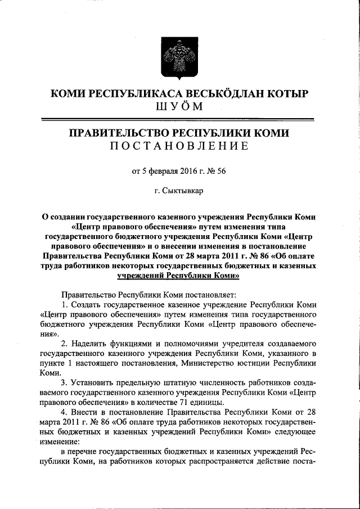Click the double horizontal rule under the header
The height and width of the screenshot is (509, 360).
tap(179, 119)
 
